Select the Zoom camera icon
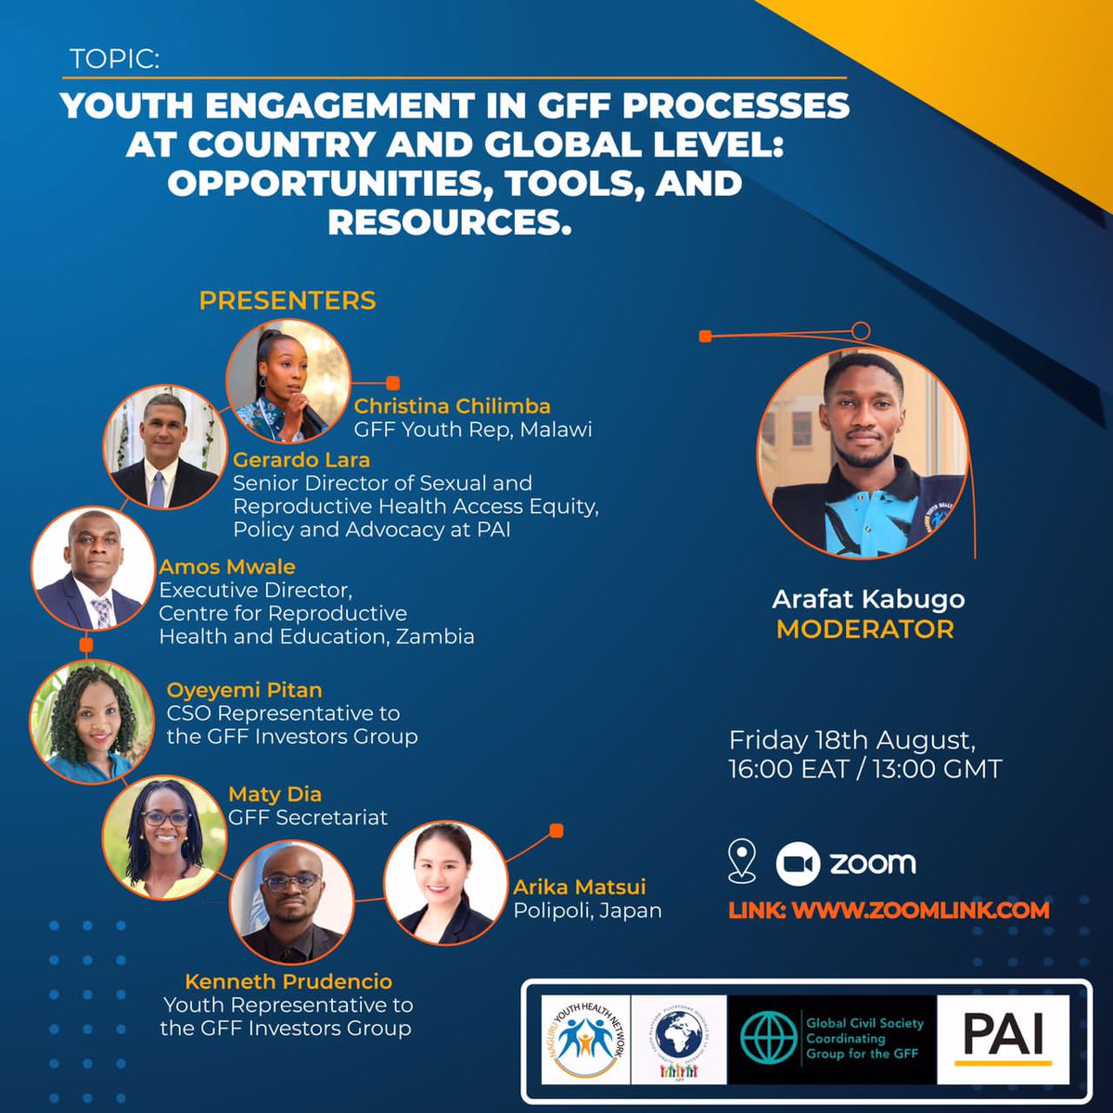click(797, 864)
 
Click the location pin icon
click(742, 861)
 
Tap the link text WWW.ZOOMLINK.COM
click(920, 910)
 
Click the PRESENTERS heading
click(288, 301)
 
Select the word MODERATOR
click(864, 630)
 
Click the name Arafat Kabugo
click(868, 599)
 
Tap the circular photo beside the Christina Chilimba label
click(288, 381)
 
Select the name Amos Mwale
click(227, 567)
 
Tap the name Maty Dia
click(275, 794)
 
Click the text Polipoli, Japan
click(587, 910)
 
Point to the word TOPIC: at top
click(115, 59)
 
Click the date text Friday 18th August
click(851, 740)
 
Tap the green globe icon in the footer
click(768, 1037)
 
